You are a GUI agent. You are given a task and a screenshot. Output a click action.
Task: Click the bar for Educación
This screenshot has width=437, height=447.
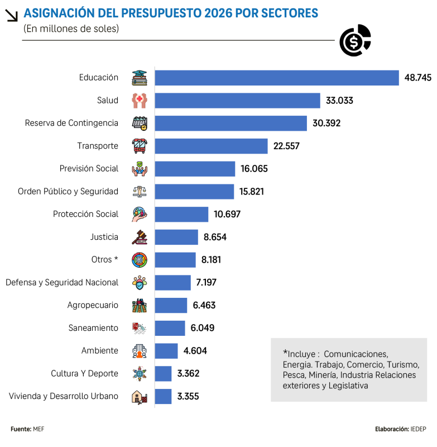pyautogui.click(x=276, y=78)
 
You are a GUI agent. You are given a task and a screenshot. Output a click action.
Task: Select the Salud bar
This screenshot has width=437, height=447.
pyautogui.click(x=237, y=101)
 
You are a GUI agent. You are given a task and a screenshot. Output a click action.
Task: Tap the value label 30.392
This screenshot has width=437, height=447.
pyautogui.click(x=326, y=123)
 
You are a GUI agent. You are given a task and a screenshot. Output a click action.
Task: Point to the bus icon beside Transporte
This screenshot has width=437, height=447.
pyautogui.click(x=140, y=146)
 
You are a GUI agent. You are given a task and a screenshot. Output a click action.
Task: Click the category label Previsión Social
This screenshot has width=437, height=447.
pyautogui.click(x=89, y=168)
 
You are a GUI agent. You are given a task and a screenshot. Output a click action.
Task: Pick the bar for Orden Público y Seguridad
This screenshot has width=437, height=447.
pyautogui.click(x=194, y=191)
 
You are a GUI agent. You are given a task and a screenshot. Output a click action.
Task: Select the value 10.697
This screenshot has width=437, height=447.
pyautogui.click(x=227, y=214)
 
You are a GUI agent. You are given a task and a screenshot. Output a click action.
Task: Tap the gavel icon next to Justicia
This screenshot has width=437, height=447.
pyautogui.click(x=140, y=237)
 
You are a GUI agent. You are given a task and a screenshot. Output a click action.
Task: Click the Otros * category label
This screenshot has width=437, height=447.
pyautogui.click(x=105, y=259)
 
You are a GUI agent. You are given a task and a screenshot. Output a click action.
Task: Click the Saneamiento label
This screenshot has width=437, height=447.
pyautogui.click(x=93, y=328)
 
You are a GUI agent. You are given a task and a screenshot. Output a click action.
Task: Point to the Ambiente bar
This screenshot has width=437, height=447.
pyautogui.click(x=166, y=351)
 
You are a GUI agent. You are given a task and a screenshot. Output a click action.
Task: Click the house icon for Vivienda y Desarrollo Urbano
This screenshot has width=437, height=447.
pyautogui.click(x=140, y=397)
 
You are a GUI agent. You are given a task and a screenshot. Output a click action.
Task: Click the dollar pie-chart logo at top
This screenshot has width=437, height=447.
pyautogui.click(x=356, y=40)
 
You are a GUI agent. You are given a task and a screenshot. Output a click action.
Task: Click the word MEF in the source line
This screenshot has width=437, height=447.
pyautogui.click(x=39, y=429)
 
